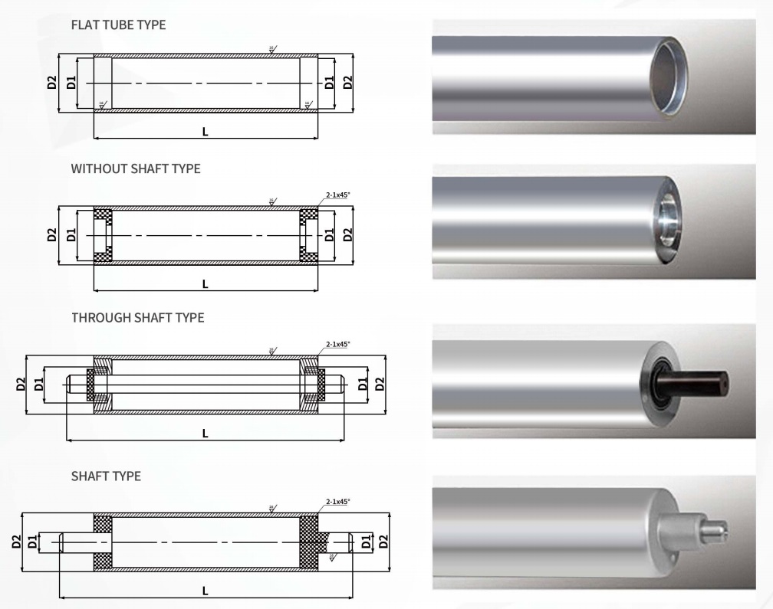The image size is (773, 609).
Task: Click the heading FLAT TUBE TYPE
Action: click(118, 25)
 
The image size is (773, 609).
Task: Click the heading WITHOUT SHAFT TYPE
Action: click(136, 169)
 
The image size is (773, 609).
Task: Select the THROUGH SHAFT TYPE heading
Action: click(138, 317)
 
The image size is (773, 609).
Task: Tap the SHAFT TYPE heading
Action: click(106, 476)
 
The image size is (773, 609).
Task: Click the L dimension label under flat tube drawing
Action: click(205, 132)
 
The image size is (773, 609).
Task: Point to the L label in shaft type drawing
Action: click(205, 591)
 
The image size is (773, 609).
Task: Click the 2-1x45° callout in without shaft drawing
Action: click(337, 195)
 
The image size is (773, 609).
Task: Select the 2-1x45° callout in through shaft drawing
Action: click(337, 345)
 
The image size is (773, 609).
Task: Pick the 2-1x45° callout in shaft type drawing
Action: click(337, 502)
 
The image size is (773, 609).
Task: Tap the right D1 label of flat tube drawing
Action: click(330, 83)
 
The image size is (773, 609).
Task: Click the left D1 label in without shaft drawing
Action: click(71, 234)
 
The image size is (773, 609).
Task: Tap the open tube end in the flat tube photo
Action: click(668, 77)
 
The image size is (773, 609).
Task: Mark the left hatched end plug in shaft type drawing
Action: click(103, 542)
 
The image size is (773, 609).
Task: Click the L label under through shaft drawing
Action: click(205, 433)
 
